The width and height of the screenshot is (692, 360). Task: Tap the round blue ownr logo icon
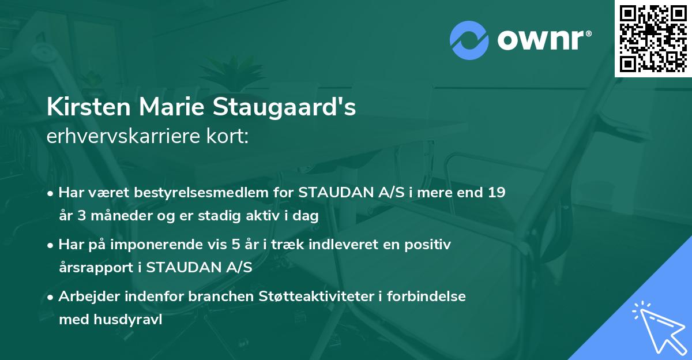click(x=469, y=40)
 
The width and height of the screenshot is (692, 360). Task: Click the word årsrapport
click(x=96, y=268)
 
